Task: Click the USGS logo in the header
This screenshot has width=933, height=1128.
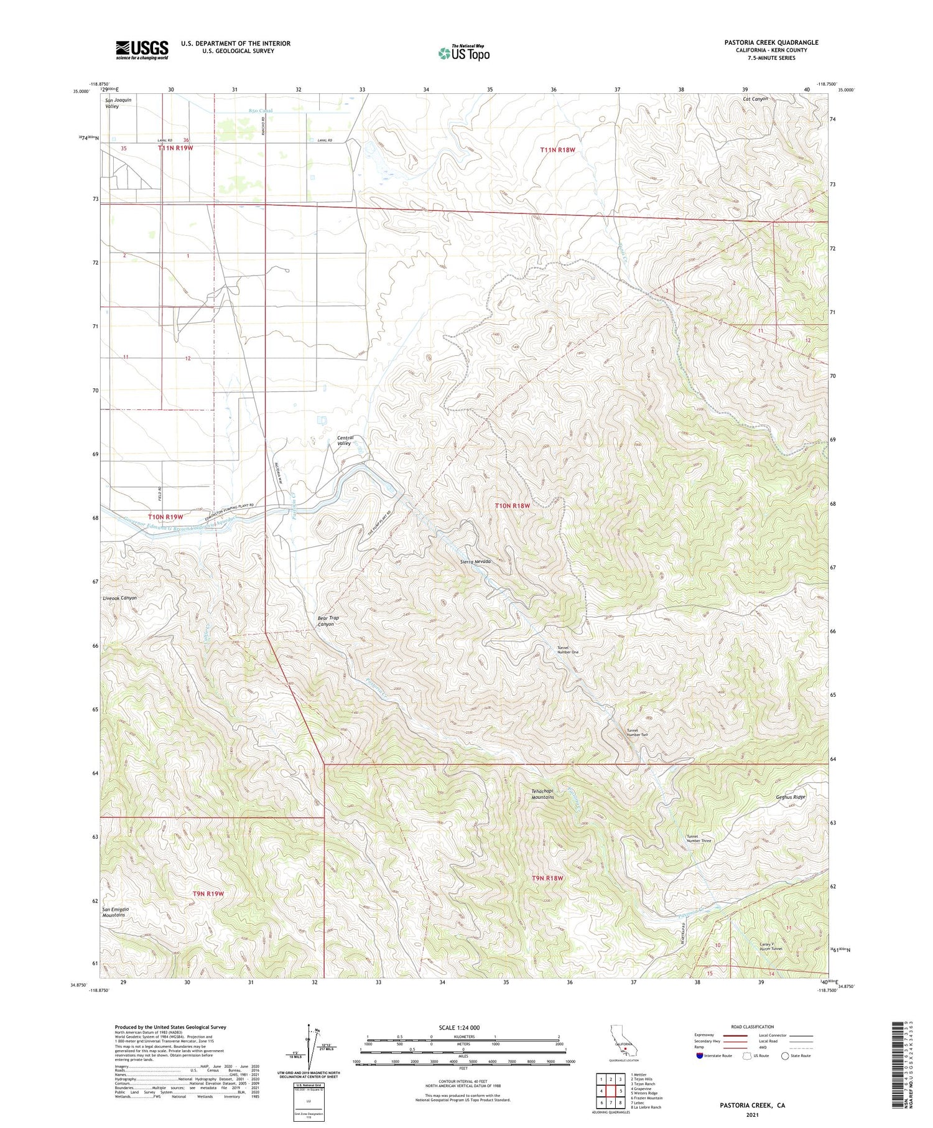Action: [142, 50]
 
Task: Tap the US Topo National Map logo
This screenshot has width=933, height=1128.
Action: [463, 53]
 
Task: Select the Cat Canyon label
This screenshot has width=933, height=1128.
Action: [755, 99]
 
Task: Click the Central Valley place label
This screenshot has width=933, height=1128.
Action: [345, 440]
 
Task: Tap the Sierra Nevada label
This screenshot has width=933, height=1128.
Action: [475, 561]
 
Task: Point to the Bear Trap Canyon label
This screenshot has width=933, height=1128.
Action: [328, 621]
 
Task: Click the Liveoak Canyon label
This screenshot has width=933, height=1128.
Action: [119, 598]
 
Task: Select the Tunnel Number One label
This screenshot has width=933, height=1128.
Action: [567, 650]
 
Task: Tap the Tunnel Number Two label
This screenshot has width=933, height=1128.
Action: [637, 732]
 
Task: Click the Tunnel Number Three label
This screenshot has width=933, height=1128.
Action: [699, 839]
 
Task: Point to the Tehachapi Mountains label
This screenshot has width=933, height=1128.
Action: [542, 794]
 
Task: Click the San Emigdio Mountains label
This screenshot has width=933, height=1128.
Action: [114, 912]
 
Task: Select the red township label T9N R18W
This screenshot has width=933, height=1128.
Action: [547, 879]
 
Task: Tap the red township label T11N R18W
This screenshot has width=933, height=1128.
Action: [557, 150]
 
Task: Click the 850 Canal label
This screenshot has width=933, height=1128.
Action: [261, 111]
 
